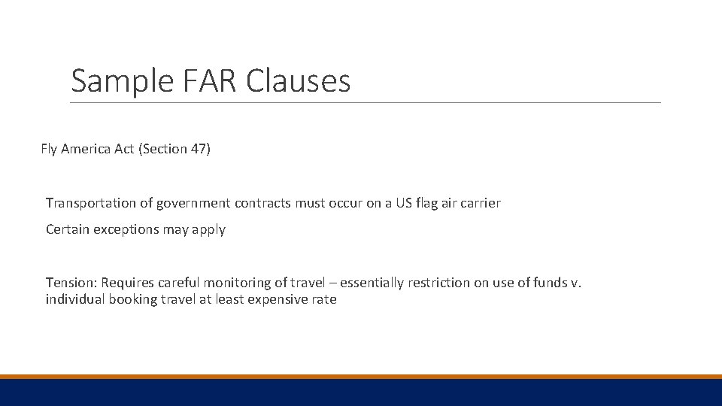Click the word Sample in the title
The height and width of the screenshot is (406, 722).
[122, 81]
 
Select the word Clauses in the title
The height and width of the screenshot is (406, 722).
[299, 81]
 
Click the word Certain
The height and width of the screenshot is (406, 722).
[68, 229]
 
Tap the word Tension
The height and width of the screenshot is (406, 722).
[71, 283]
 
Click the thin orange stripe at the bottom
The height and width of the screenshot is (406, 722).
[361, 376]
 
